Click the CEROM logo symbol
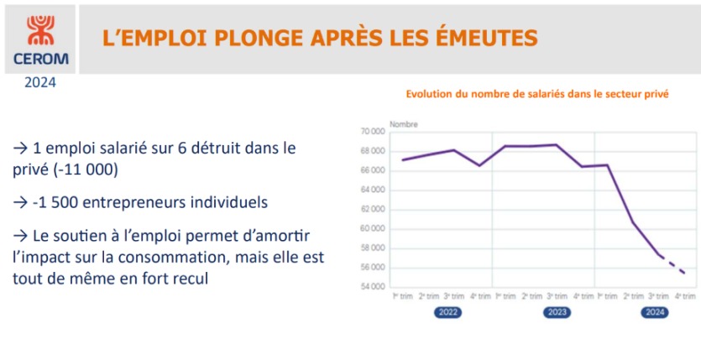point(41,29)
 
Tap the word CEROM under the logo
point(41,60)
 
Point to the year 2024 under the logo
point(40,82)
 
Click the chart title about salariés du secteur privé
point(537,96)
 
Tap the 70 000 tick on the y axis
point(372,132)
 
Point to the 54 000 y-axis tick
point(372,287)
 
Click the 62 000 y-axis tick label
point(372,210)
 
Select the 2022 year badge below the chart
point(447,312)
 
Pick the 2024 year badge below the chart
point(654,312)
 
